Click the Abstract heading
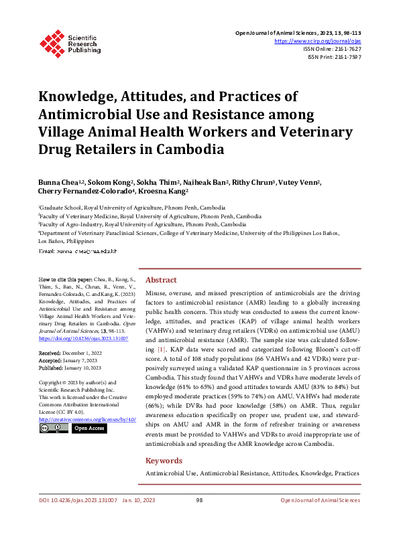pyautogui.click(x=161, y=280)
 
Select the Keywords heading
pyautogui.click(x=164, y=461)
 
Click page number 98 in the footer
pyautogui.click(x=199, y=519)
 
